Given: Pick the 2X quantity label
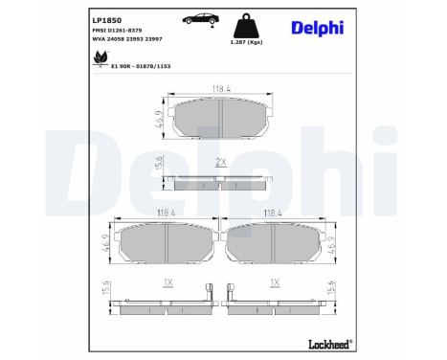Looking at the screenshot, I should [220, 161].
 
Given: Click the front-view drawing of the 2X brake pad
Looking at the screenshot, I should [221, 117].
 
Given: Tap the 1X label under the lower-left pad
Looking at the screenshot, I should [168, 283].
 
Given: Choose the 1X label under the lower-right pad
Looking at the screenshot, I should [275, 283].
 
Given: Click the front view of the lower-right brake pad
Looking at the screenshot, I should [277, 244].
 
